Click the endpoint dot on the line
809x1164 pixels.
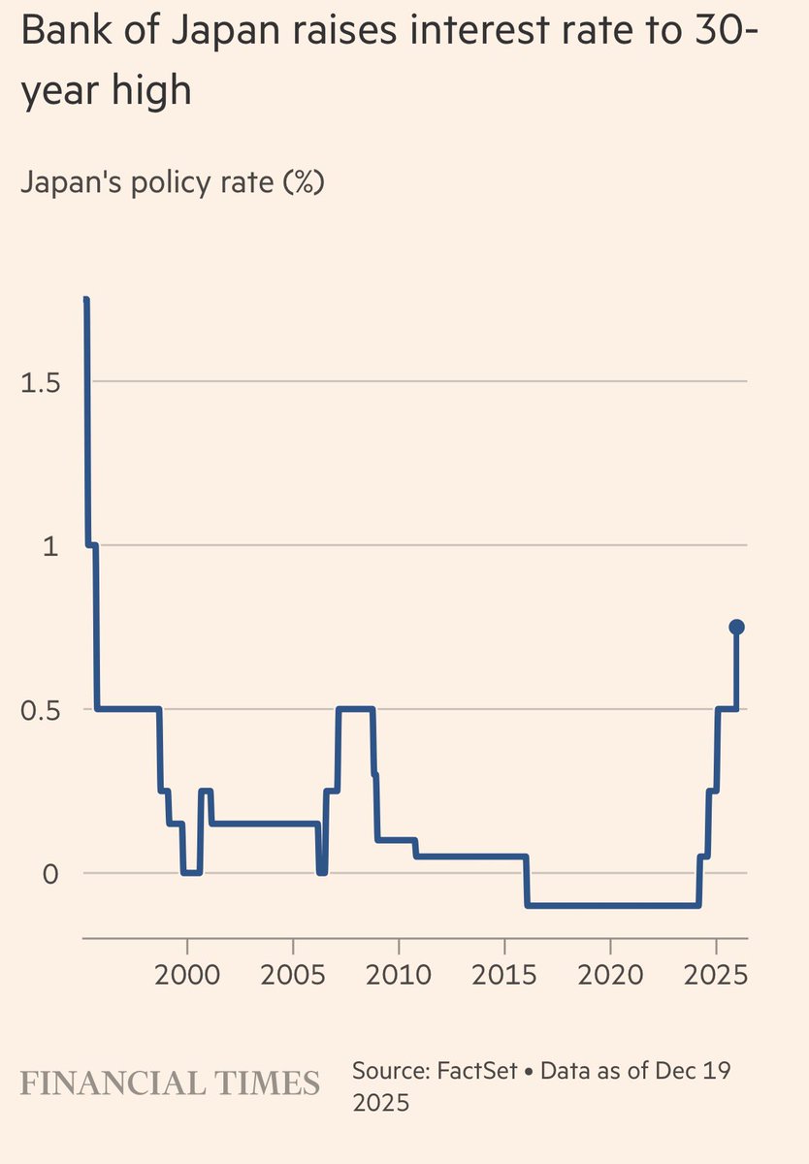(736, 627)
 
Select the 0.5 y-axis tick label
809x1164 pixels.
(40, 710)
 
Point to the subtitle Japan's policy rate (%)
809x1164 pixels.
(172, 182)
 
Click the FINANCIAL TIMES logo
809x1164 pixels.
(171, 1083)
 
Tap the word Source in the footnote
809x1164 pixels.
(390, 1071)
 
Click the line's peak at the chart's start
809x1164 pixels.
(86, 301)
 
